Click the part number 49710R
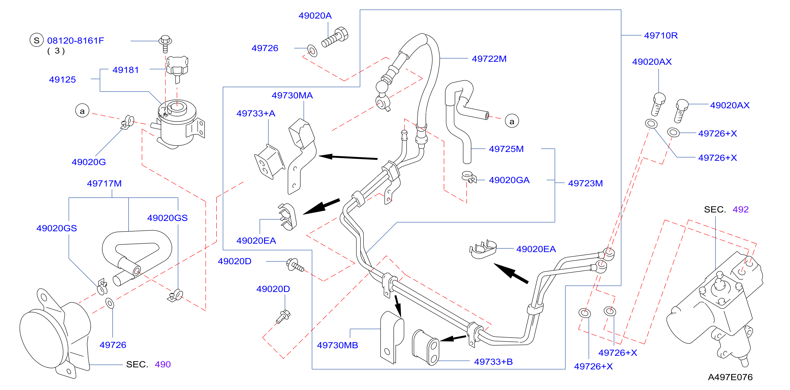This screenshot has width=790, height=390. pos(661,35)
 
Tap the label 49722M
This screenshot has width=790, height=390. pos(489,59)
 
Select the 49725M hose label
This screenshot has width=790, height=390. pos(506,149)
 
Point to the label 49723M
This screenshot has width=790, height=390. pos(585,183)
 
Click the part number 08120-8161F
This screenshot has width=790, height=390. pos(75,40)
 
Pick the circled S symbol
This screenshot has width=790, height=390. pos(37,40)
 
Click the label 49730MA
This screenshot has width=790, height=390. pos(292,95)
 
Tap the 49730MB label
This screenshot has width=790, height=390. pos(337,345)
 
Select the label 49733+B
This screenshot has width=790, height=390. pos(493,362)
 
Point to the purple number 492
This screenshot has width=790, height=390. pos(740,209)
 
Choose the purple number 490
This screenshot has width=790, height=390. pos(163,364)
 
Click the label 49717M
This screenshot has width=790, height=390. pos(104,183)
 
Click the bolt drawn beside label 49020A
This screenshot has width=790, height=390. pos(335,37)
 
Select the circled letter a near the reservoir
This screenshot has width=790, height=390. pos(82,111)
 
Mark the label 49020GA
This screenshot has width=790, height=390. pos(509,180)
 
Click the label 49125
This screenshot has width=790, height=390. pos(62,80)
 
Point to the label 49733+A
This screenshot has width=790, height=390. pos(256,113)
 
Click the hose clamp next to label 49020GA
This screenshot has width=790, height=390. pos(468,176)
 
